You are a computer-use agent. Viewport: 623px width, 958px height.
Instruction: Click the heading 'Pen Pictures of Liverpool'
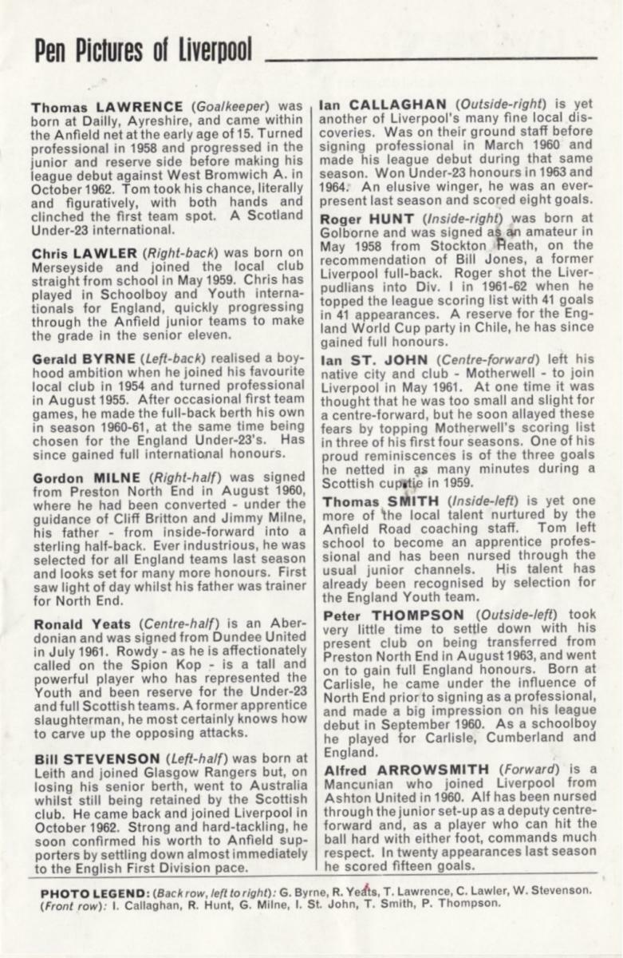click(143, 50)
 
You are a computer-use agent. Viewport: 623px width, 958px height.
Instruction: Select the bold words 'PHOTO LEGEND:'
click(77, 891)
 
